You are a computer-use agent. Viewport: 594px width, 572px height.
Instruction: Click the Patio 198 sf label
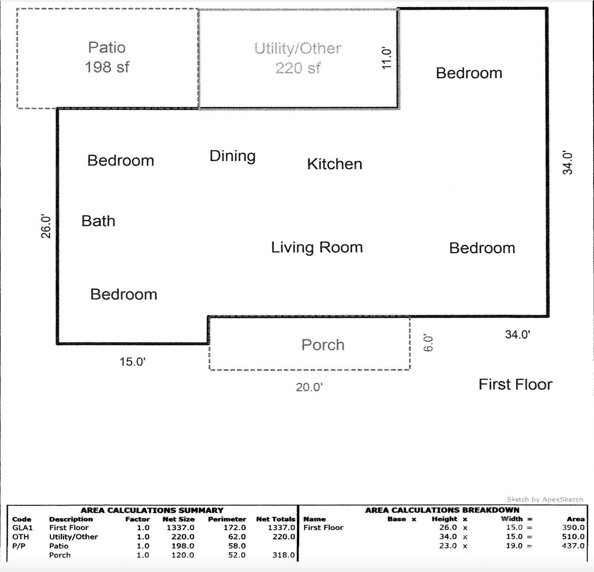click(107, 57)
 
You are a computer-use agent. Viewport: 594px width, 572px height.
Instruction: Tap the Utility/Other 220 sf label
click(298, 58)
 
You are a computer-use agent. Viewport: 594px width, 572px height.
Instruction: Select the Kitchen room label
click(334, 164)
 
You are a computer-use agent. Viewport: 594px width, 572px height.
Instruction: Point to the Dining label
click(232, 156)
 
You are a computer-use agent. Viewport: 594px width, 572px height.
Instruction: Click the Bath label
click(98, 221)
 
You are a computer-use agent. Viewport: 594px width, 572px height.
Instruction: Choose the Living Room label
click(317, 247)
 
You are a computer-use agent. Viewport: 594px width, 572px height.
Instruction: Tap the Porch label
click(323, 345)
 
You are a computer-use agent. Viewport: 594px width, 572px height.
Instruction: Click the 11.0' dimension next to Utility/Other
click(387, 58)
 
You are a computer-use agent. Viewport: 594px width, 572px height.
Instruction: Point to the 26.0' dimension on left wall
click(45, 226)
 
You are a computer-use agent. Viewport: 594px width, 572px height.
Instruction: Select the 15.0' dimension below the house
click(132, 362)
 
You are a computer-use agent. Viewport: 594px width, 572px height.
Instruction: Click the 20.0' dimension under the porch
click(309, 387)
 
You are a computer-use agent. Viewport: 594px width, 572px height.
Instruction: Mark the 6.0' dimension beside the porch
click(428, 343)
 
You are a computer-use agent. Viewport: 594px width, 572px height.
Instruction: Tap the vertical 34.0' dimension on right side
click(567, 163)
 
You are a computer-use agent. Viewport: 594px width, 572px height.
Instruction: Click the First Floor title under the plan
click(515, 384)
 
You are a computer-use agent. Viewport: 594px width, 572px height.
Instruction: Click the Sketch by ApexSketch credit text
click(544, 499)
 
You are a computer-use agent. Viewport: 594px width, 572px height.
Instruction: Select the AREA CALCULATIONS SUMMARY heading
click(152, 510)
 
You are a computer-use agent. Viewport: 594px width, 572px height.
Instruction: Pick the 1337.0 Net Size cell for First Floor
click(180, 528)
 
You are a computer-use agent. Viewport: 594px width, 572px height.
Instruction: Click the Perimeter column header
click(227, 519)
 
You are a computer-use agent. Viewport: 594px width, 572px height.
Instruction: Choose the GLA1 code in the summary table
click(22, 528)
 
